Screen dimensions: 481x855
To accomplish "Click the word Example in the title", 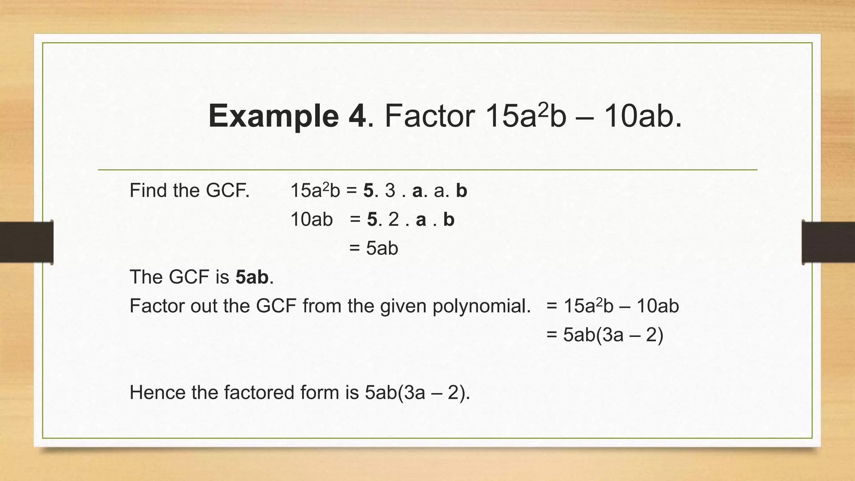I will [x=273, y=116].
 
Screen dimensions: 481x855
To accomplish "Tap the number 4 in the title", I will [x=357, y=116].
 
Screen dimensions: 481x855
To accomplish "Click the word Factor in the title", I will [x=430, y=116].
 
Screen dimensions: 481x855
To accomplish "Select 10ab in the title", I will [x=642, y=116].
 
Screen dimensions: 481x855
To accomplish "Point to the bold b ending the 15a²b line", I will [x=461, y=191].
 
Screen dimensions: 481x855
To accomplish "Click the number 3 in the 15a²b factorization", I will [x=390, y=191].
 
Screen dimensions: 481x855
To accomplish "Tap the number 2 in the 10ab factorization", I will [x=393, y=220].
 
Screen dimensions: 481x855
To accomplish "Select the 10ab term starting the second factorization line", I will [x=311, y=220].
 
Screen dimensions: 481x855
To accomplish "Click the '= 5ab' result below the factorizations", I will [x=374, y=248].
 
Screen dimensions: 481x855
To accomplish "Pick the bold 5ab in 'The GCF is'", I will [x=252, y=277].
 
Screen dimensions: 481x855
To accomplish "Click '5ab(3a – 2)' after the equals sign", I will [x=613, y=335].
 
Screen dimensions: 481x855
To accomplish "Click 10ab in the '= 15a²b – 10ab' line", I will [x=658, y=306].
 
